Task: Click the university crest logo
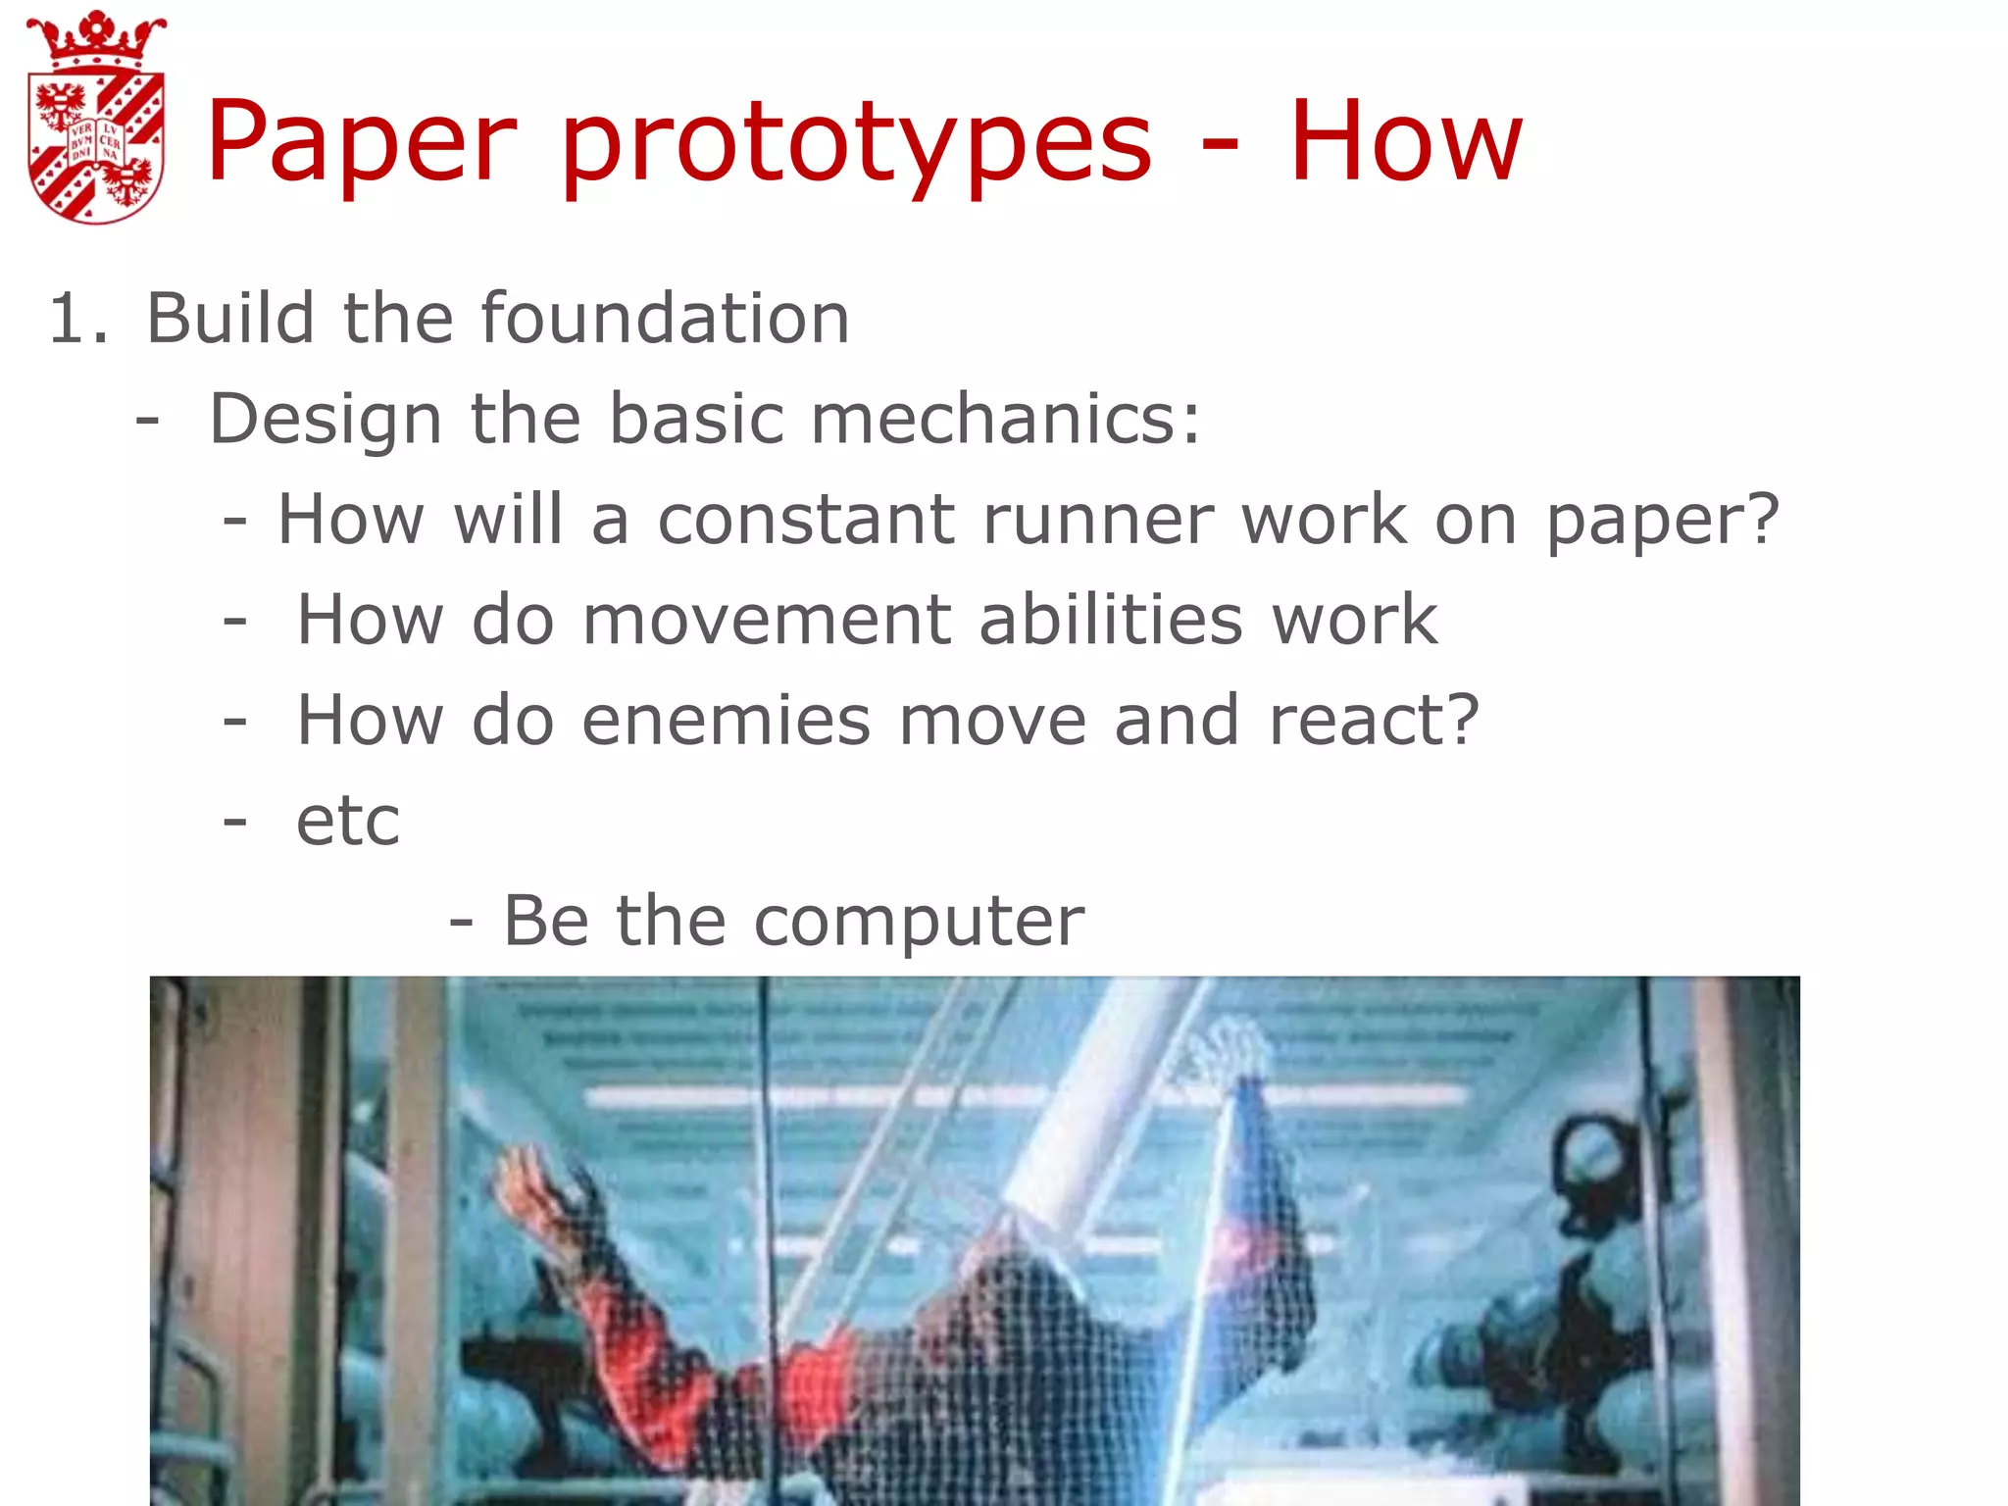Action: point(96,118)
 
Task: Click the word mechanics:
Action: point(1005,419)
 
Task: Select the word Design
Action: point(326,419)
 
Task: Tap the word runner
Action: point(1097,519)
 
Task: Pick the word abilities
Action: point(1111,620)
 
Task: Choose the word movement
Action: point(767,620)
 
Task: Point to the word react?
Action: point(1374,720)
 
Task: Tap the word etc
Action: point(348,821)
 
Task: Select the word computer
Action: point(919,922)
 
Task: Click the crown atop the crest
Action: point(96,39)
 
